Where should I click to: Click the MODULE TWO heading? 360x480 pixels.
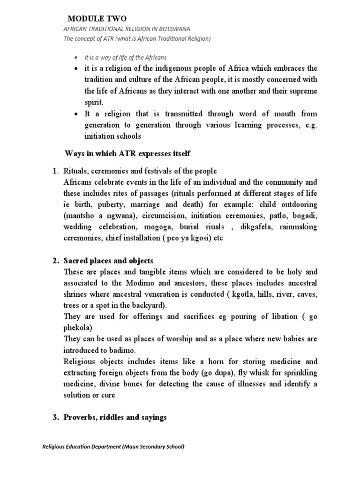(x=97, y=18)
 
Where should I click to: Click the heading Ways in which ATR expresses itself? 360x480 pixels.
(x=127, y=154)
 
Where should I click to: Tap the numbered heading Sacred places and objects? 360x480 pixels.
(x=108, y=260)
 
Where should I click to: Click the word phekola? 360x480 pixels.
(x=77, y=327)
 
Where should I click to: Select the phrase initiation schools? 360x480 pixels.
(x=112, y=136)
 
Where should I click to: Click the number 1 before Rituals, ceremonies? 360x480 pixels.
(x=54, y=172)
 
